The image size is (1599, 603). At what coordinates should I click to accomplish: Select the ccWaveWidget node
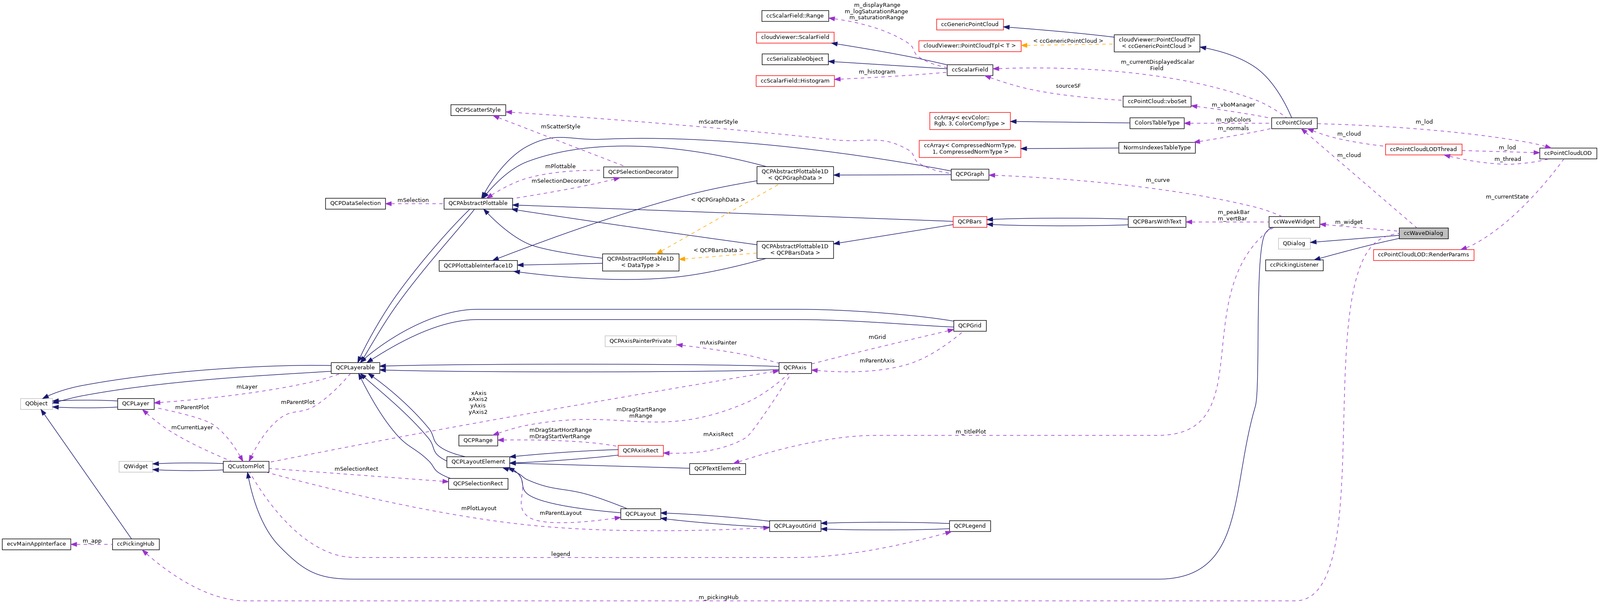(x=1294, y=222)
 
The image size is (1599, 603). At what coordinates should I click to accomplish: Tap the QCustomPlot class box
(x=246, y=466)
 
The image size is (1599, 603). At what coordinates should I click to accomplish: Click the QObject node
(x=36, y=403)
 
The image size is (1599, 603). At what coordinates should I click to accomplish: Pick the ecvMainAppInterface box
(x=36, y=544)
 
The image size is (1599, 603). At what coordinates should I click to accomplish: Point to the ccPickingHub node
(x=135, y=544)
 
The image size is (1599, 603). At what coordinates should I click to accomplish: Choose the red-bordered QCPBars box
(x=969, y=222)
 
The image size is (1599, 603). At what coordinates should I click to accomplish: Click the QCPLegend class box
(x=969, y=526)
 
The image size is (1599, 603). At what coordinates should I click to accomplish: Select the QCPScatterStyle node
(x=477, y=110)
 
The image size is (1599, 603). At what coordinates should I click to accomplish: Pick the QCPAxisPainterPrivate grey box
(x=640, y=341)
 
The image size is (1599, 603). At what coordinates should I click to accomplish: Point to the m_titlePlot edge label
(x=970, y=432)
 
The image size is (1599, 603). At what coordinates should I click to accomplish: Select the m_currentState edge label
(x=1506, y=197)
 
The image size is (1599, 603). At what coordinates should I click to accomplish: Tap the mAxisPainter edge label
(x=717, y=342)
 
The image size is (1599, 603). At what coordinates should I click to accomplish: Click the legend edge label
(x=560, y=554)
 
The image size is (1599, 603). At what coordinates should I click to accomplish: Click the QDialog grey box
(x=1294, y=243)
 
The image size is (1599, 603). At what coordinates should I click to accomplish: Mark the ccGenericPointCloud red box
(x=969, y=24)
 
